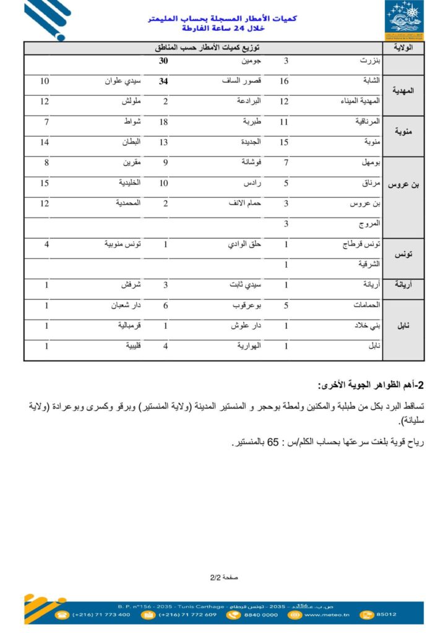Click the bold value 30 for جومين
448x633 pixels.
click(163, 62)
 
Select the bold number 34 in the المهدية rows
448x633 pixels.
click(163, 81)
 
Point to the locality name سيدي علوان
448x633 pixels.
click(123, 81)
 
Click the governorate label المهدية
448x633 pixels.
click(403, 91)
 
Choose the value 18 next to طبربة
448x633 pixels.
click(163, 122)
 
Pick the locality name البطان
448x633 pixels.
click(130, 142)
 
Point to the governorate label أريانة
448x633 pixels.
click(403, 285)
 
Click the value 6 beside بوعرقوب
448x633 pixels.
click(165, 305)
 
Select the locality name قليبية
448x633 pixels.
click(132, 346)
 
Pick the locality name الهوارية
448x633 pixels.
click(248, 346)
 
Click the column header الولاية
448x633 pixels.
click(403, 47)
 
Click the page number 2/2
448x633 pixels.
click(215, 577)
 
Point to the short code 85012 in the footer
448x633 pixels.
click(386, 614)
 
